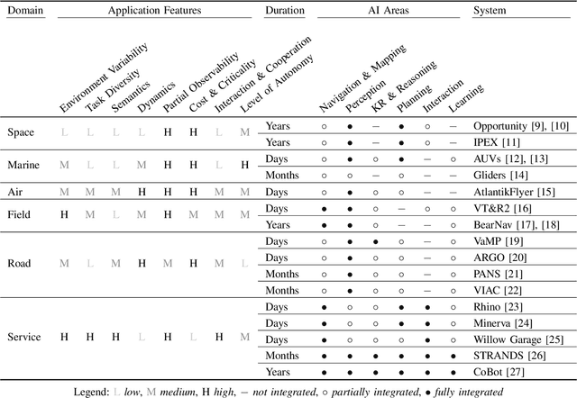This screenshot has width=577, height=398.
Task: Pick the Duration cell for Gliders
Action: [x=285, y=175]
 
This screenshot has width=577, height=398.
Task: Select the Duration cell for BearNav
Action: [x=280, y=224]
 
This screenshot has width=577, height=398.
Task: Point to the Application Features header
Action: [x=155, y=11]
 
